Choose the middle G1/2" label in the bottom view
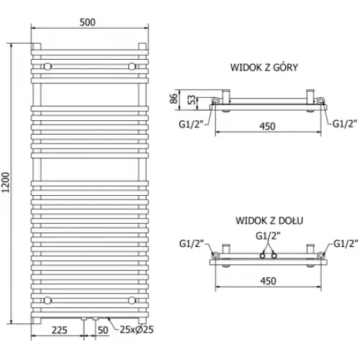[x=268, y=235]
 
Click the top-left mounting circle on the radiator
[x=47, y=66]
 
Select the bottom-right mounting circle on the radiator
[x=131, y=299]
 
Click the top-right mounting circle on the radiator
[x=131, y=66]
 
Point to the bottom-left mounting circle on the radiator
[x=47, y=299]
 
